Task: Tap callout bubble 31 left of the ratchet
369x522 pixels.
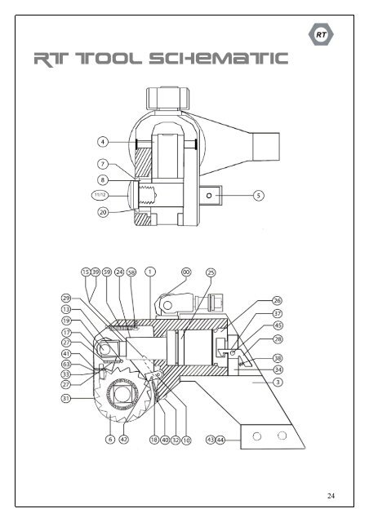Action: (66, 398)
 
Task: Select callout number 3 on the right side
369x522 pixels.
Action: (278, 382)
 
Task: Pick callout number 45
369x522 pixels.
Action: (278, 325)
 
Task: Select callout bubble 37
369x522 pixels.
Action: (278, 312)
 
